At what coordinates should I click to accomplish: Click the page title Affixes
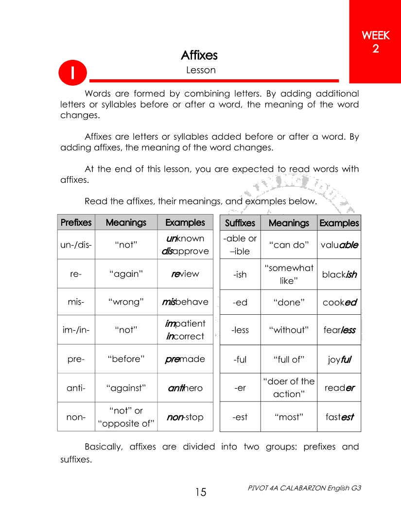(199, 55)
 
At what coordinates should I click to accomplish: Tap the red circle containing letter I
(72, 72)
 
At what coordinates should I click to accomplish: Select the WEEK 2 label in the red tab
(375, 42)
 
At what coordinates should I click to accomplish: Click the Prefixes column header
(76, 222)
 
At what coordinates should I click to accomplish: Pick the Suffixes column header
(240, 223)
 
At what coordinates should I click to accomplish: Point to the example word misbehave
(185, 302)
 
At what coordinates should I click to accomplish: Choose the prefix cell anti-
(76, 388)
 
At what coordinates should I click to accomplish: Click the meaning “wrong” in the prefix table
(126, 302)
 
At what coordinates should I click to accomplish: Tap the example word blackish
(339, 274)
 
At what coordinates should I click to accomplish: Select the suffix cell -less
(240, 330)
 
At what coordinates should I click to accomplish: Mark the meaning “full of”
(289, 359)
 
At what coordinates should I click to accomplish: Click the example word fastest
(339, 417)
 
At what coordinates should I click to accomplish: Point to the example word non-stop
(185, 417)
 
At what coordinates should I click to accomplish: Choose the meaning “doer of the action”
(289, 387)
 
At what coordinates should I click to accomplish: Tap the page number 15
(201, 492)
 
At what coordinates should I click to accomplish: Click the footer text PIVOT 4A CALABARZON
(304, 487)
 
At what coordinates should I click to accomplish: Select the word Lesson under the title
(201, 70)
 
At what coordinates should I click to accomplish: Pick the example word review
(185, 273)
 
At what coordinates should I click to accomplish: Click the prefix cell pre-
(76, 359)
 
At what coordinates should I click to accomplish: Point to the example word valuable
(339, 245)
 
